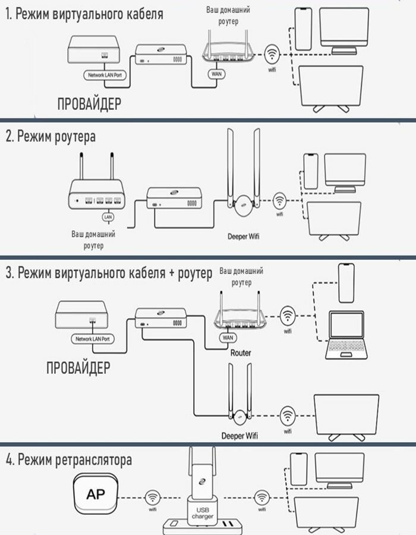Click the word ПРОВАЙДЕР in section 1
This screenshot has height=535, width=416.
point(90,104)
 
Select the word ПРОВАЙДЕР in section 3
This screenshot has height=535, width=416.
point(78,367)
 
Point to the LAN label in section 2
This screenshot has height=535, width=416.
point(108,217)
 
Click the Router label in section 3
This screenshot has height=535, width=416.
point(240,353)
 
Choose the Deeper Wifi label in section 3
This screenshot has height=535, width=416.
point(239,435)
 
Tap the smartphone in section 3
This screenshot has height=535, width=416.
point(346,283)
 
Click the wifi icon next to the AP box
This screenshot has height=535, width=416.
point(153,496)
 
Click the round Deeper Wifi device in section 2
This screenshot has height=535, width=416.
point(242,209)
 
